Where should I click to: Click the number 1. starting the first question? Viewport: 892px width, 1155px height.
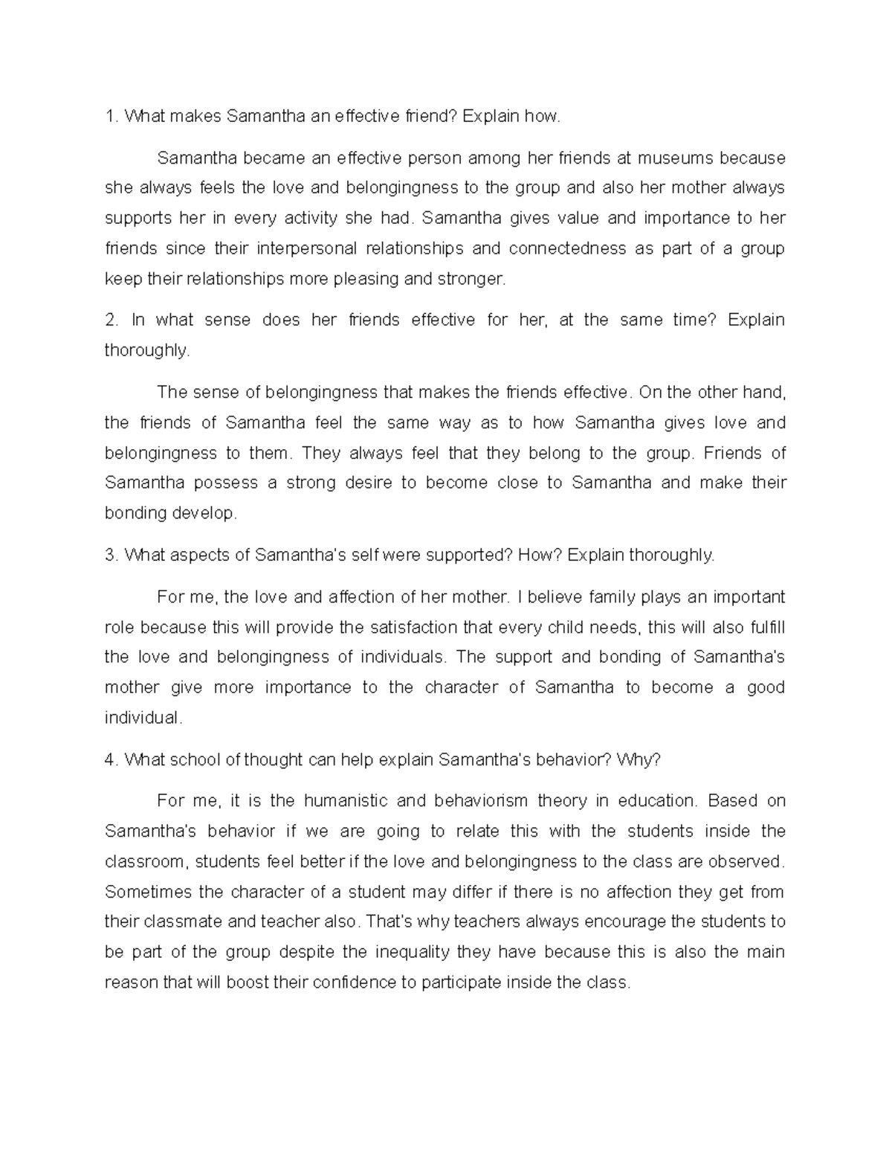coord(111,116)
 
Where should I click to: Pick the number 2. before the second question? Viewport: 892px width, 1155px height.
coord(111,320)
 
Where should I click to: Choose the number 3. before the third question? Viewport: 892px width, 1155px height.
coord(111,555)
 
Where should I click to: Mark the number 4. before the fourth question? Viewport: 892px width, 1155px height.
coord(111,759)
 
